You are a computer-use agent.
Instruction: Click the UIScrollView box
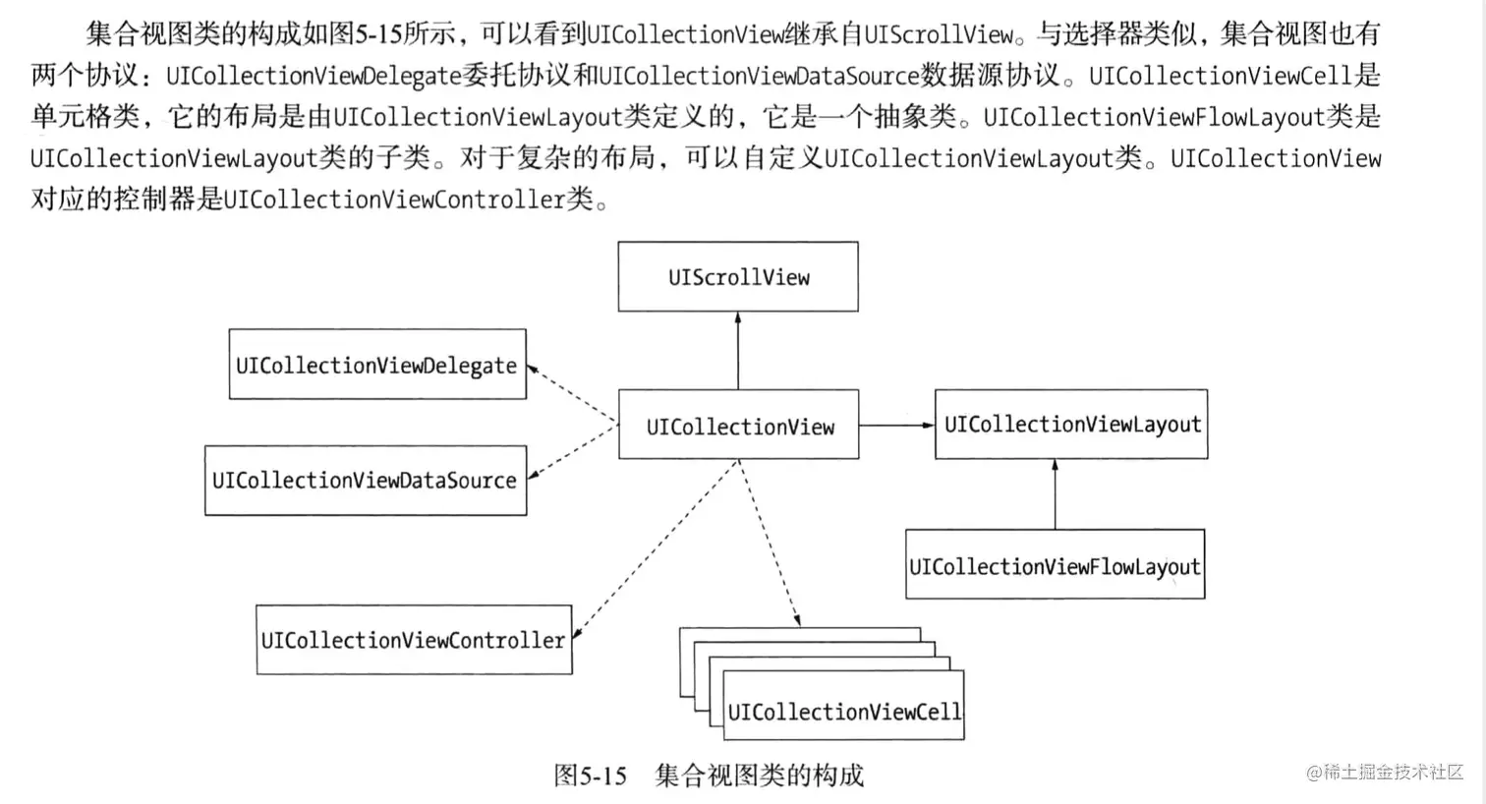[x=738, y=277]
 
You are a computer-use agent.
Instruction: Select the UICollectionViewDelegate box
[x=377, y=365]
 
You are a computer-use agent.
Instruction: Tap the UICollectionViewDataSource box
[x=365, y=481]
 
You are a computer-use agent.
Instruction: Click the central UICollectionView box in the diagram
[x=738, y=426]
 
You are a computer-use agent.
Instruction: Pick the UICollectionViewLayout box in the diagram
[x=1071, y=425]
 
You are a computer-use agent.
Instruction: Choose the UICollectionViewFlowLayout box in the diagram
[x=1055, y=565]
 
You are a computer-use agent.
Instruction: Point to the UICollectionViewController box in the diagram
[x=414, y=640]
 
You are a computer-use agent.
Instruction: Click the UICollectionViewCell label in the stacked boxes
[x=843, y=711]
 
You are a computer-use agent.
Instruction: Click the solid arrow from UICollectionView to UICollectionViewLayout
[x=896, y=426]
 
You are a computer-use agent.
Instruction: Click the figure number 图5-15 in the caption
[x=590, y=775]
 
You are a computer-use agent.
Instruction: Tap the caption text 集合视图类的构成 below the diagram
[x=759, y=775]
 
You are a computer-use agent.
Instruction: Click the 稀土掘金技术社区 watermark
[x=1385, y=772]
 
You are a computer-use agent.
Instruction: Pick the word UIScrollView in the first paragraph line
[x=939, y=34]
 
